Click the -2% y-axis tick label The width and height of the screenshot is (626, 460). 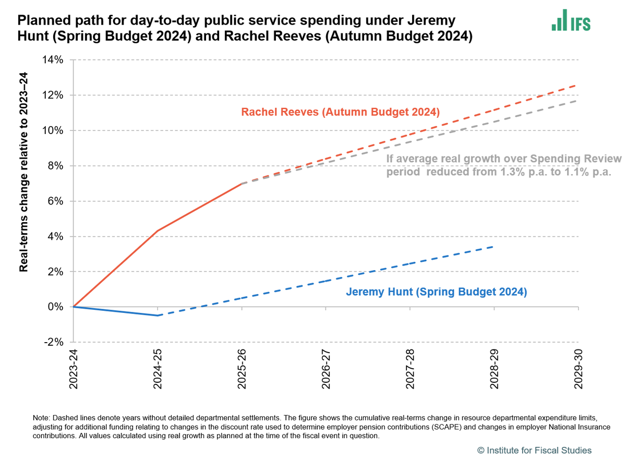pyautogui.click(x=54, y=342)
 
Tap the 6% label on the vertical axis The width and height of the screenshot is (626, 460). pyautogui.click(x=55, y=201)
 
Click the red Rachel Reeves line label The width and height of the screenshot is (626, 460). pyautogui.click(x=340, y=112)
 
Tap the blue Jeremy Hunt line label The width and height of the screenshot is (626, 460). pyautogui.click(x=436, y=292)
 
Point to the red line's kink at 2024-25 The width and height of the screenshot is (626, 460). pyautogui.click(x=158, y=231)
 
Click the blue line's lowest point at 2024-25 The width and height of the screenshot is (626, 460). pyautogui.click(x=158, y=316)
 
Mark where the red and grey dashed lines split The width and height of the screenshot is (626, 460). pyautogui.click(x=242, y=184)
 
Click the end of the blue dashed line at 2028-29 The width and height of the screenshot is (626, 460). pyautogui.click(x=493, y=246)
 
